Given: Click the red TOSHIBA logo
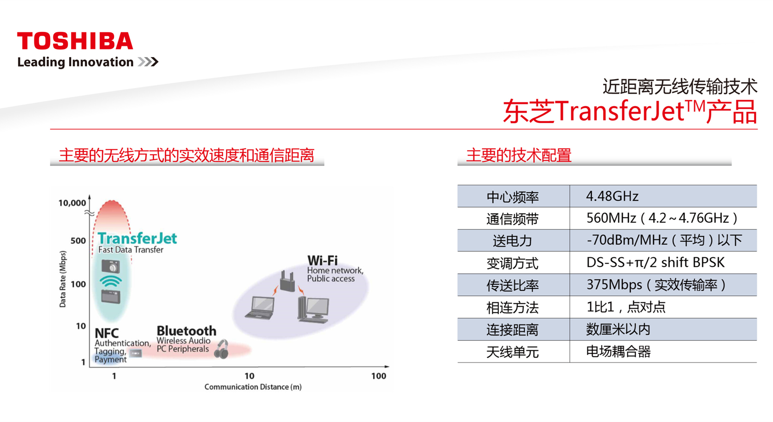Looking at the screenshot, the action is [75, 41].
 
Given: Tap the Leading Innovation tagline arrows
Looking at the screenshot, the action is [148, 62].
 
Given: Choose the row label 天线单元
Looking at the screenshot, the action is [513, 352].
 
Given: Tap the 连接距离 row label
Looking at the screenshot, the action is [513, 330].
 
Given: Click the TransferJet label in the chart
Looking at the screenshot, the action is [137, 238].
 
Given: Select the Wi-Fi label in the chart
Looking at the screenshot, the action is [323, 261].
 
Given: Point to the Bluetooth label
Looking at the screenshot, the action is [187, 331].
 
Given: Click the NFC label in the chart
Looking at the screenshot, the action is [107, 333].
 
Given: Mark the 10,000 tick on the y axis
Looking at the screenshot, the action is [72, 203].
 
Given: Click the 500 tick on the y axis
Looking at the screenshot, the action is [78, 241].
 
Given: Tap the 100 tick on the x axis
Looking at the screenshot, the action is [379, 376].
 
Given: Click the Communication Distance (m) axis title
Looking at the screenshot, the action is [253, 387].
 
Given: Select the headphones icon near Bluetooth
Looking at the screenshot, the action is [222, 349].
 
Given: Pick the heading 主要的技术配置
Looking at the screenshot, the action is [519, 155].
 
